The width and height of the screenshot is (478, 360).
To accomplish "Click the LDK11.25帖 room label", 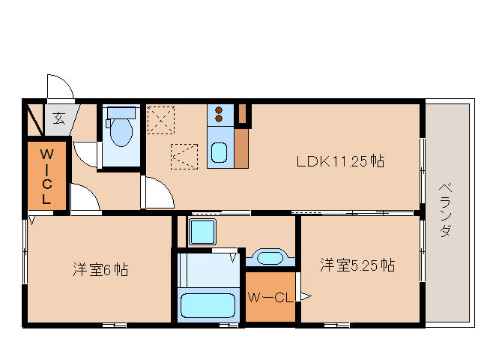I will [340, 161].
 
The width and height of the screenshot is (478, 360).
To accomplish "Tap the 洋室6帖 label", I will [100, 269].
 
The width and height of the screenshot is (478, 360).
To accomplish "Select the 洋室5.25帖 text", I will [358, 265].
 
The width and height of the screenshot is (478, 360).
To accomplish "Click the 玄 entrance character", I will [58, 117].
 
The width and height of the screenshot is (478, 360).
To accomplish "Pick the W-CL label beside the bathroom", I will [269, 298].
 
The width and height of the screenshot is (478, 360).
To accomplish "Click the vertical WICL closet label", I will [46, 175].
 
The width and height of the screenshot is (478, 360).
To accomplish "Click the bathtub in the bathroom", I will [208, 306].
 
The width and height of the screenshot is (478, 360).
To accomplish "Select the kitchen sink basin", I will [220, 153].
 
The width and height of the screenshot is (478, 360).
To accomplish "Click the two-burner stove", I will [220, 113].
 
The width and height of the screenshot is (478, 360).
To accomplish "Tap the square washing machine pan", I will [202, 232].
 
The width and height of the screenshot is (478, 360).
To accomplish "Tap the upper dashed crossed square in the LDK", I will [160, 120].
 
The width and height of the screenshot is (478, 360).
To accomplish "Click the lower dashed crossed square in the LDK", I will [184, 156].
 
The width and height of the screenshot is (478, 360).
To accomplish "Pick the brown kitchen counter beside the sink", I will [241, 149].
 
